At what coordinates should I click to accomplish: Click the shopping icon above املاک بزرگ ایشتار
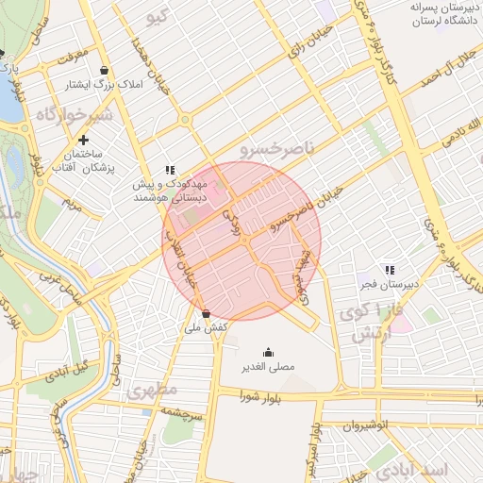pos(103,70)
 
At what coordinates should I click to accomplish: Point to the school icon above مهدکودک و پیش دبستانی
pos(170,170)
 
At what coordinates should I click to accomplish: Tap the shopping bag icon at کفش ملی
pos(206,313)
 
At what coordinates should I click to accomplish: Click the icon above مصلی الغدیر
pos(268,352)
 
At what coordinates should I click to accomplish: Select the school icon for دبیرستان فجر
pos(389,270)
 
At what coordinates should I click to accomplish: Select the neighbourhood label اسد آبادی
pos(443,469)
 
